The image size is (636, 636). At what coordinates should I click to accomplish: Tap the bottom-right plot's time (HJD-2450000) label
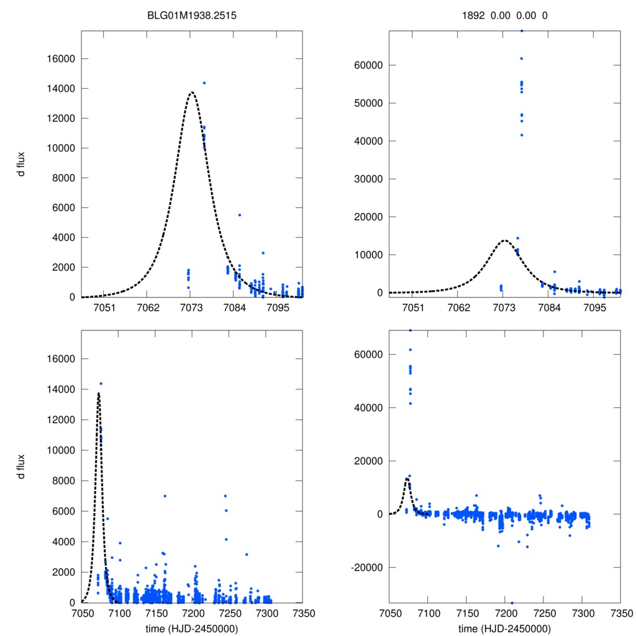click(504, 629)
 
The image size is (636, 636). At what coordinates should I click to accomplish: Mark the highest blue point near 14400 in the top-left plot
click(204, 83)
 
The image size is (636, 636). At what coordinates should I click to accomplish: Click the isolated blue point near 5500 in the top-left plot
click(240, 215)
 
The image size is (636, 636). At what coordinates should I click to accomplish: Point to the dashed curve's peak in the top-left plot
click(192, 93)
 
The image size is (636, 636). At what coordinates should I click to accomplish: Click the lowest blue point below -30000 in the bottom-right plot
click(512, 602)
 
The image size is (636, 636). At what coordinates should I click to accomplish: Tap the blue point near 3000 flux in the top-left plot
click(263, 253)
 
